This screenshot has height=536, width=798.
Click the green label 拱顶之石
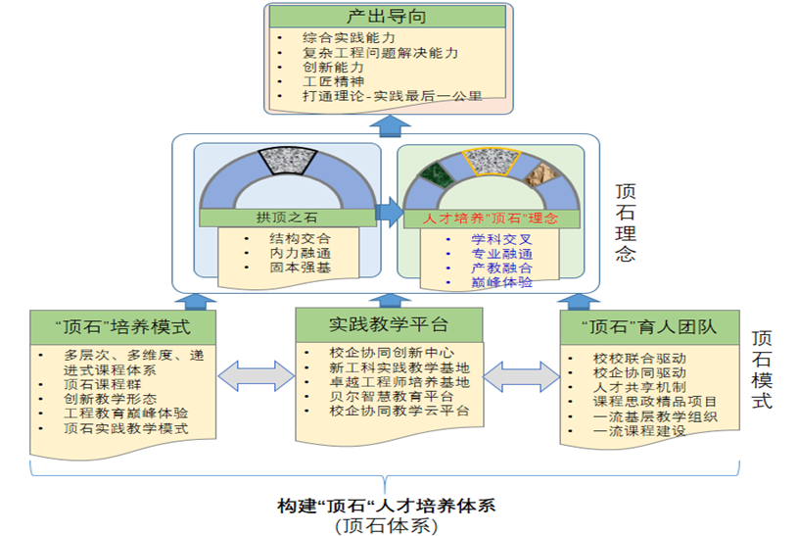(288, 219)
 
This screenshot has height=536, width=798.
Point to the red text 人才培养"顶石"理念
(490, 219)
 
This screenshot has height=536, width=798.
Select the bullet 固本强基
(300, 268)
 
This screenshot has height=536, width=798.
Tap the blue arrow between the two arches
(388, 210)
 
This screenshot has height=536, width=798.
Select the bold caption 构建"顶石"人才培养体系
(387, 507)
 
